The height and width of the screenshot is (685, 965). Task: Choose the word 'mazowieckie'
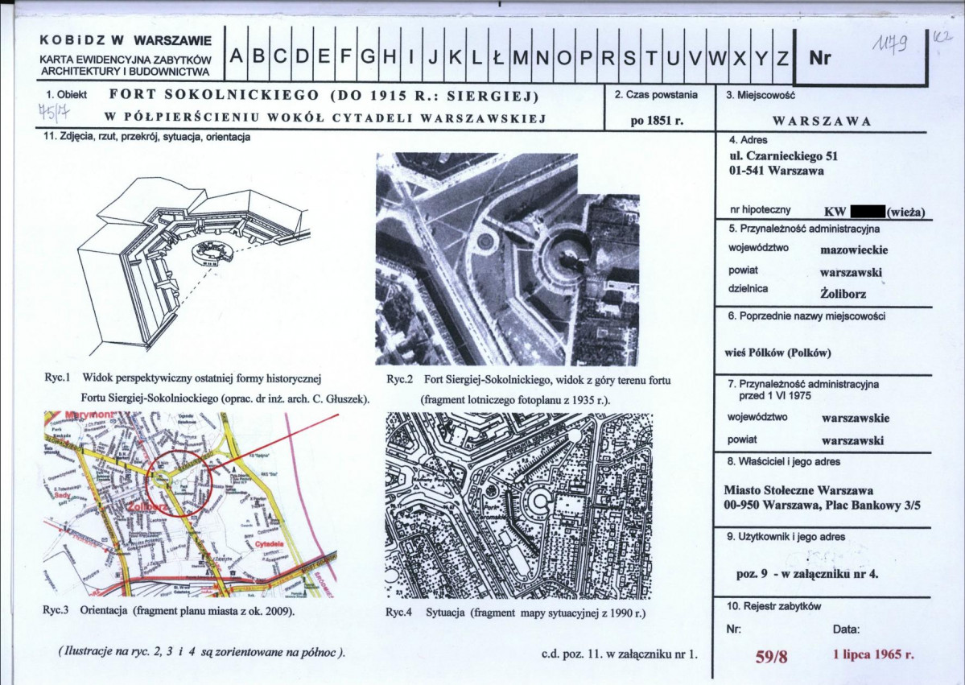[853, 249]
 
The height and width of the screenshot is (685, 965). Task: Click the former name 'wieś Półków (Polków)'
[778, 352]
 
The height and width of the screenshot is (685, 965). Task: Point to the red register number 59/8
[771, 656]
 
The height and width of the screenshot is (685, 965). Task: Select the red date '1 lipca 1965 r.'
[873, 654]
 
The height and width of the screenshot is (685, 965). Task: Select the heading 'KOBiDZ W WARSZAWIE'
[125, 40]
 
